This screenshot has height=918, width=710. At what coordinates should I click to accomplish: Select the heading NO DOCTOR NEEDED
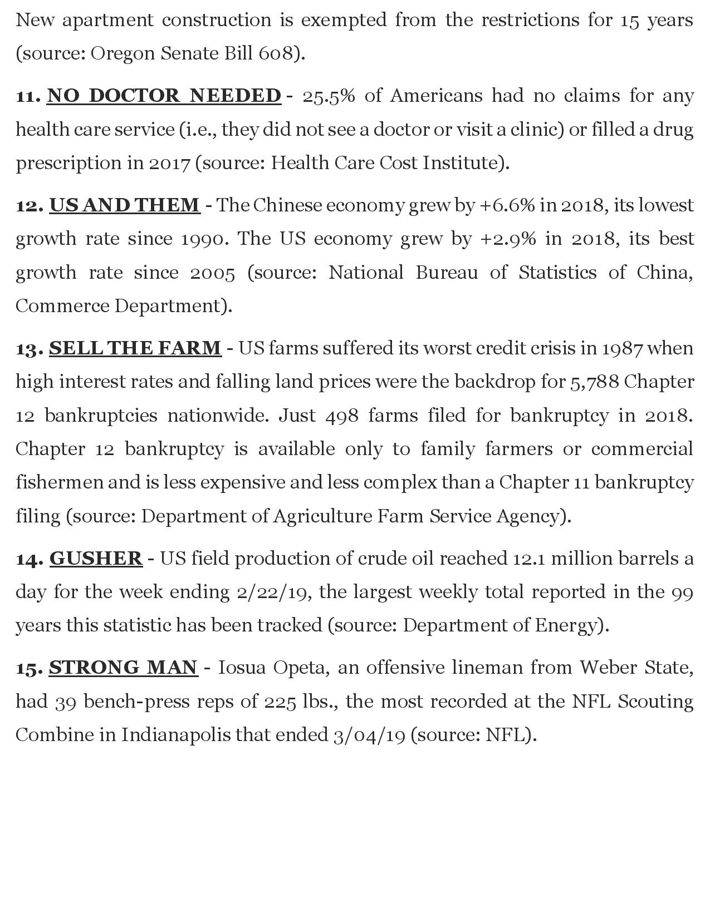pos(164,96)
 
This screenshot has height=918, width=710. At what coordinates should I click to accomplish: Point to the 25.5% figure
pos(329,96)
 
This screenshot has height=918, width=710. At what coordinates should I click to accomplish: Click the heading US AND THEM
pos(125,205)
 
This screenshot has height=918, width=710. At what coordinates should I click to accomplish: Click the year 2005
pos(213,273)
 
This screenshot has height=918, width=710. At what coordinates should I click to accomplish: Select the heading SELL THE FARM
pos(135,348)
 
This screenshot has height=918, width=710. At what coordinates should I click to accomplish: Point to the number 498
pos(342,416)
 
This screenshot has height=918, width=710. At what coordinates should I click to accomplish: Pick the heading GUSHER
pos(96,558)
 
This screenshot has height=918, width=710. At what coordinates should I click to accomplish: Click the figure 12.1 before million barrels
pos(526,558)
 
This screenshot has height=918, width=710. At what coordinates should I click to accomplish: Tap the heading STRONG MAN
pos(123,667)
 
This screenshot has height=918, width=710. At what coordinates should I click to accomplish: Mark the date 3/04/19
pos(369,735)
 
